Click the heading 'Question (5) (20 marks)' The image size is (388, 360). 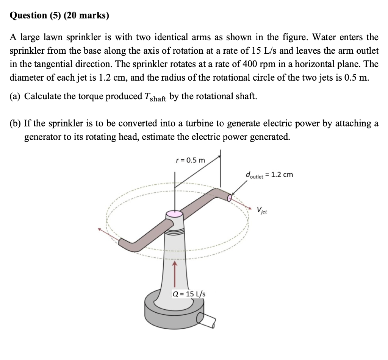tap(59, 16)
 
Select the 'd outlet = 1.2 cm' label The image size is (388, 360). tap(269, 175)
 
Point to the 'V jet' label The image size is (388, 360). tap(261, 210)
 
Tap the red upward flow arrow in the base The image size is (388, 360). tap(175, 274)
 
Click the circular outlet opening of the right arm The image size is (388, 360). tap(230, 197)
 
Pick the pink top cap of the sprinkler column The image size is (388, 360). tap(174, 214)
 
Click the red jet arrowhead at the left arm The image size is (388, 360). tap(100, 229)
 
